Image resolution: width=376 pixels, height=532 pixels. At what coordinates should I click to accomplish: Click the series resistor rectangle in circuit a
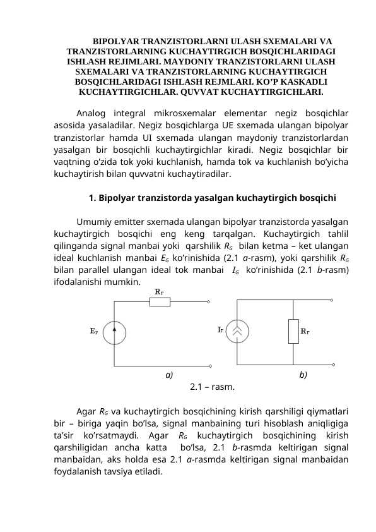(160, 301)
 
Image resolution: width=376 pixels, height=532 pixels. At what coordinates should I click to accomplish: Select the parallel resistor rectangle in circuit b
(293, 331)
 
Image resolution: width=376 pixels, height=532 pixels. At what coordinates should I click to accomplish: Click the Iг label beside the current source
(220, 329)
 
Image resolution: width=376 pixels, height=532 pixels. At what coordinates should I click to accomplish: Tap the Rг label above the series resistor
(160, 291)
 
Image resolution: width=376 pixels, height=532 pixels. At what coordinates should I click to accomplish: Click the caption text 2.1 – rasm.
(213, 387)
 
